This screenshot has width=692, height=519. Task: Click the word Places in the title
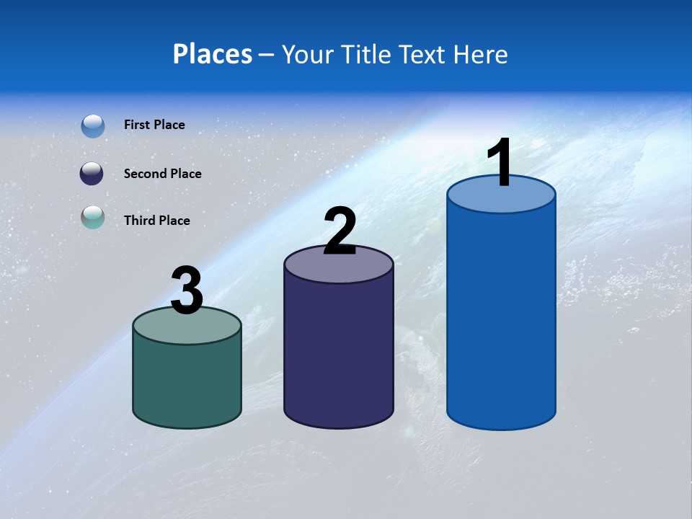(213, 54)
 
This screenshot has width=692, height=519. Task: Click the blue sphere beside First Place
(93, 126)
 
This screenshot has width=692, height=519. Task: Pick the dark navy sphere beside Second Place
(92, 174)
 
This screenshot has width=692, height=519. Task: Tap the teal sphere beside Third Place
(92, 217)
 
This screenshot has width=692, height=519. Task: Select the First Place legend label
(154, 125)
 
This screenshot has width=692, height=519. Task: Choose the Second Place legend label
(162, 174)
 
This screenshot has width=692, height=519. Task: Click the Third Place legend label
(156, 221)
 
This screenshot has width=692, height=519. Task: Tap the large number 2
(340, 231)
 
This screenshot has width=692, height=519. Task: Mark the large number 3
(187, 291)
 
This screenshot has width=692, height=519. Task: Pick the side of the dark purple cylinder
(339, 353)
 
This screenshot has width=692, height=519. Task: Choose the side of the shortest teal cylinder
(187, 382)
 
